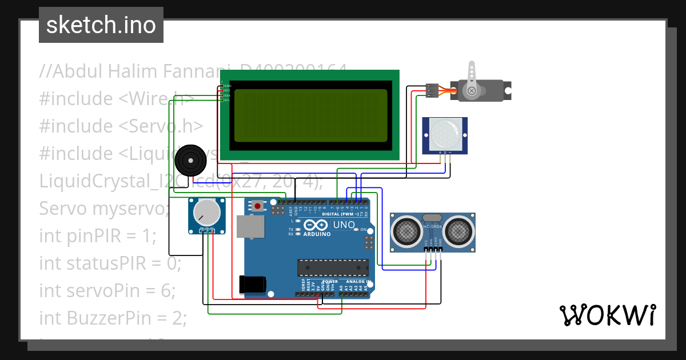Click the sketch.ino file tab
(x=101, y=25)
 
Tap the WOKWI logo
(x=607, y=315)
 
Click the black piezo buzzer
(x=190, y=159)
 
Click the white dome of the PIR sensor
(x=445, y=135)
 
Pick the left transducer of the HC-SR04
(x=407, y=231)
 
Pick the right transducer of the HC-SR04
(x=459, y=231)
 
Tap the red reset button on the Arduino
(x=258, y=206)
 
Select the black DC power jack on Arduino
(x=253, y=284)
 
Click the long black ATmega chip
(x=332, y=267)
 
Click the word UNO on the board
(x=344, y=225)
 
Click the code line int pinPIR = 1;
(x=97, y=235)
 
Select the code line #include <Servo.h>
(x=121, y=126)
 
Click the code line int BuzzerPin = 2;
(x=113, y=318)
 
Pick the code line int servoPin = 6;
(x=107, y=290)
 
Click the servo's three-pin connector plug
(x=433, y=91)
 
